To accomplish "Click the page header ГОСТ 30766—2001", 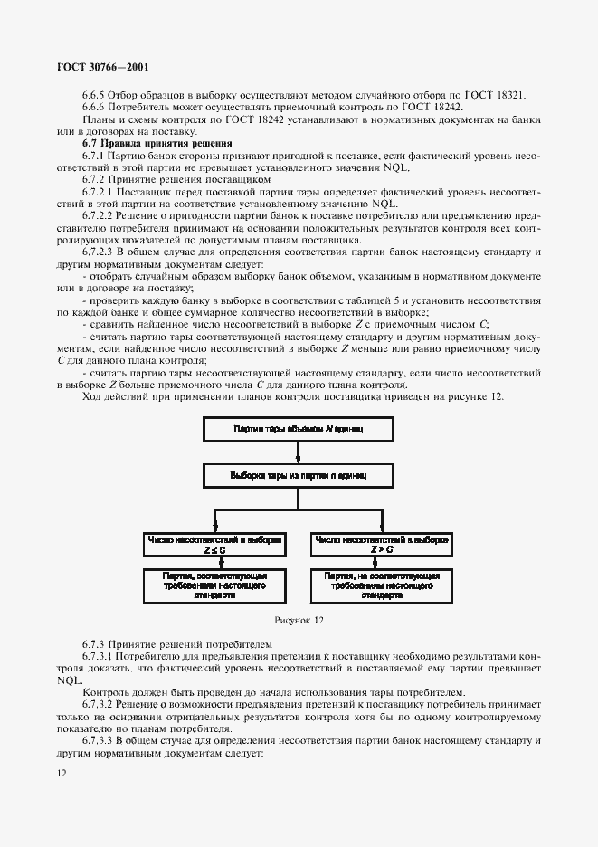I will coord(102,68).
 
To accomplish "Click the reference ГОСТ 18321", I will coord(498,96).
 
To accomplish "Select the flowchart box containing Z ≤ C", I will coord(214,543).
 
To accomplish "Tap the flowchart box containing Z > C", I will coord(381,543).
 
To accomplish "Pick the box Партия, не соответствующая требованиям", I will coord(381,585).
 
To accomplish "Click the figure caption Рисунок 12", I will coord(298,621).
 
